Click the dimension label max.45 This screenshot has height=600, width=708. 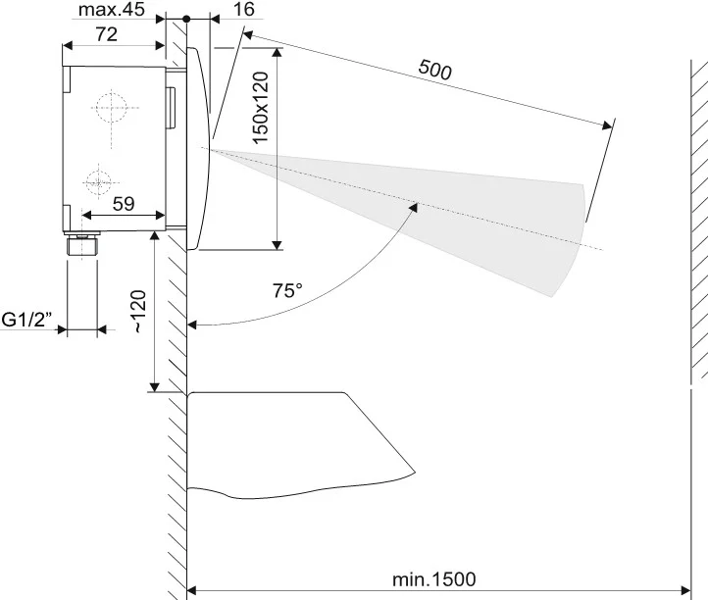click(112, 10)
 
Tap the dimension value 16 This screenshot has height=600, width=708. click(244, 10)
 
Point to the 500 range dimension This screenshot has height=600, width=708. click(434, 70)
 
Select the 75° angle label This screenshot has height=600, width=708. click(288, 291)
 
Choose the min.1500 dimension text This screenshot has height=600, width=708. click(435, 579)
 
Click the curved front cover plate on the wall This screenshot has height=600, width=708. click(202, 147)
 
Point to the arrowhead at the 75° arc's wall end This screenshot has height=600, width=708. click(192, 325)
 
